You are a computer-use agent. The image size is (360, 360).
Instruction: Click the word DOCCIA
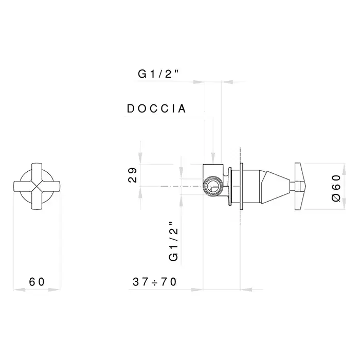[156, 109]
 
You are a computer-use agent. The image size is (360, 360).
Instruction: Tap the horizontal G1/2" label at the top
[158, 74]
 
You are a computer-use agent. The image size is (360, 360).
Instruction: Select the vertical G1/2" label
[174, 241]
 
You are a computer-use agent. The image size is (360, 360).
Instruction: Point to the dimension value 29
[132, 175]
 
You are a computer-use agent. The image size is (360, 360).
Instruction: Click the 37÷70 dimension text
[154, 282]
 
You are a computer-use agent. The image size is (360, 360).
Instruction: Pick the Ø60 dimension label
[336, 188]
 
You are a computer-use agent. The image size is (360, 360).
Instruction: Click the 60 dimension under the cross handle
[37, 282]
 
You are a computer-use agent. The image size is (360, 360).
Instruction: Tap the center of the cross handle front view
[37, 186]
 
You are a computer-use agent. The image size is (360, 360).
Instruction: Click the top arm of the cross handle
[37, 172]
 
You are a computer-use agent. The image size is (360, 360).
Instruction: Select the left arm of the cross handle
[23, 186]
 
